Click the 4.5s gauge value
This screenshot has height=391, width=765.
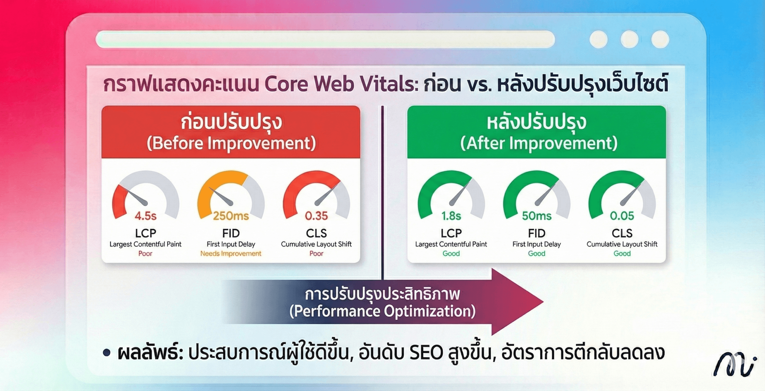146,216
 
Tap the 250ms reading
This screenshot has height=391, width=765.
231,216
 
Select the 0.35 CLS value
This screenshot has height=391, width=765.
316,216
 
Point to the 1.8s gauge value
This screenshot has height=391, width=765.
451,216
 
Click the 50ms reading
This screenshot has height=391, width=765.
537,216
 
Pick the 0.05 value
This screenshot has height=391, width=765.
622,216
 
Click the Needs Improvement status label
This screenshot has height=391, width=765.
231,253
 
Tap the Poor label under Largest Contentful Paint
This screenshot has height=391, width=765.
145,253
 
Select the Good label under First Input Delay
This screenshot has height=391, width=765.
537,253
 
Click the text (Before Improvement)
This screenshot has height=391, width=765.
231,143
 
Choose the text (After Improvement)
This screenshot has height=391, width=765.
539,143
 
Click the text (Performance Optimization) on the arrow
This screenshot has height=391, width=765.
382,311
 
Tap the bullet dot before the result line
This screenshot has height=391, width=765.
106,353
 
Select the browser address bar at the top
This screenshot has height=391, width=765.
325,39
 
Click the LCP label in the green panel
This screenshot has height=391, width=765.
451,233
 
